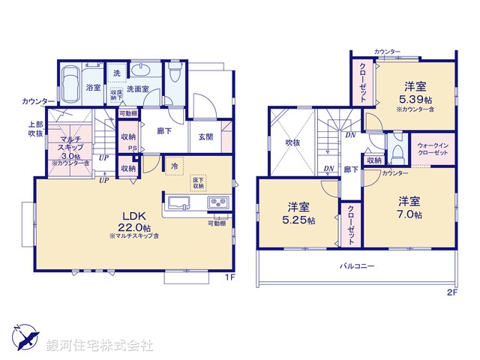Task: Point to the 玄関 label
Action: pyautogui.click(x=205, y=136)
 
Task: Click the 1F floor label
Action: pyautogui.click(x=230, y=277)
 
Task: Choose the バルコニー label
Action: pyautogui.click(x=356, y=266)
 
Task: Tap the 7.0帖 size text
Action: pyautogui.click(x=410, y=214)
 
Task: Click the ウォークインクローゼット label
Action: pyautogui.click(x=433, y=148)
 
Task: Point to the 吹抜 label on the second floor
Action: pyautogui.click(x=281, y=140)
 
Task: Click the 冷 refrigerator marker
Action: pyautogui.click(x=173, y=166)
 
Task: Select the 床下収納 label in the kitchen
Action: pyautogui.click(x=198, y=184)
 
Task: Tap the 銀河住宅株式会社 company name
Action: pyautogui.click(x=100, y=345)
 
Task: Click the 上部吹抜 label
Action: pyautogui.click(x=36, y=129)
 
